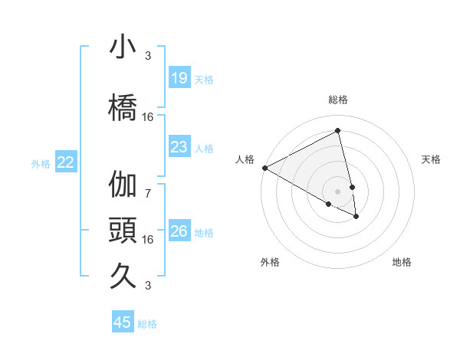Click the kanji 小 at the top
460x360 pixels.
123,47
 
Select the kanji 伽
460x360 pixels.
123,185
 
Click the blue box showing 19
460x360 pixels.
179,77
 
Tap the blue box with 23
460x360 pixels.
179,147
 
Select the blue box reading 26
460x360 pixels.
179,231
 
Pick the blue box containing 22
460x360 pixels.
66,162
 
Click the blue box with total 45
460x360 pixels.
123,322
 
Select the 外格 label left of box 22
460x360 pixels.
41,162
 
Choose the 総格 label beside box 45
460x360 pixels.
147,324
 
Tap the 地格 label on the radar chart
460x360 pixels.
402,262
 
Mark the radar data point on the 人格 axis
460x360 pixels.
264,168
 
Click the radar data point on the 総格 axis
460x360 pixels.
337,131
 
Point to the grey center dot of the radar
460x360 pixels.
338,191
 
